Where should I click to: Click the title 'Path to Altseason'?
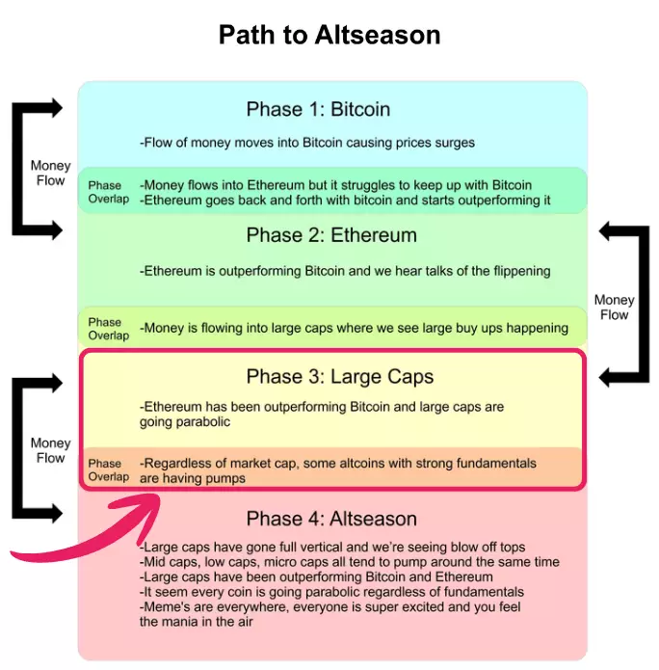[329, 36]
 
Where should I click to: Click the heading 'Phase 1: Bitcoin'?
[318, 109]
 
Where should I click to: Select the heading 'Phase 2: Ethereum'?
[331, 235]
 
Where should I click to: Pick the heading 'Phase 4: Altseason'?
[331, 519]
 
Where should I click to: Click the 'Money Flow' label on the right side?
[614, 308]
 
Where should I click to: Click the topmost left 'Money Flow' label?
[50, 174]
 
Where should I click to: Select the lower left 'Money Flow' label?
[50, 450]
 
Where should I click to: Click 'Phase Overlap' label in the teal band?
[105, 192]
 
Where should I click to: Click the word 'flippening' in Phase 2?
[517, 271]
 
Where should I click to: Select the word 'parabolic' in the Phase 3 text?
[200, 422]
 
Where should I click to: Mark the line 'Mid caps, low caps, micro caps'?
[349, 562]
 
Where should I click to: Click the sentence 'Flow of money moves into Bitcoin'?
[307, 143]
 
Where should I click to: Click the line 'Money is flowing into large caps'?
[355, 328]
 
